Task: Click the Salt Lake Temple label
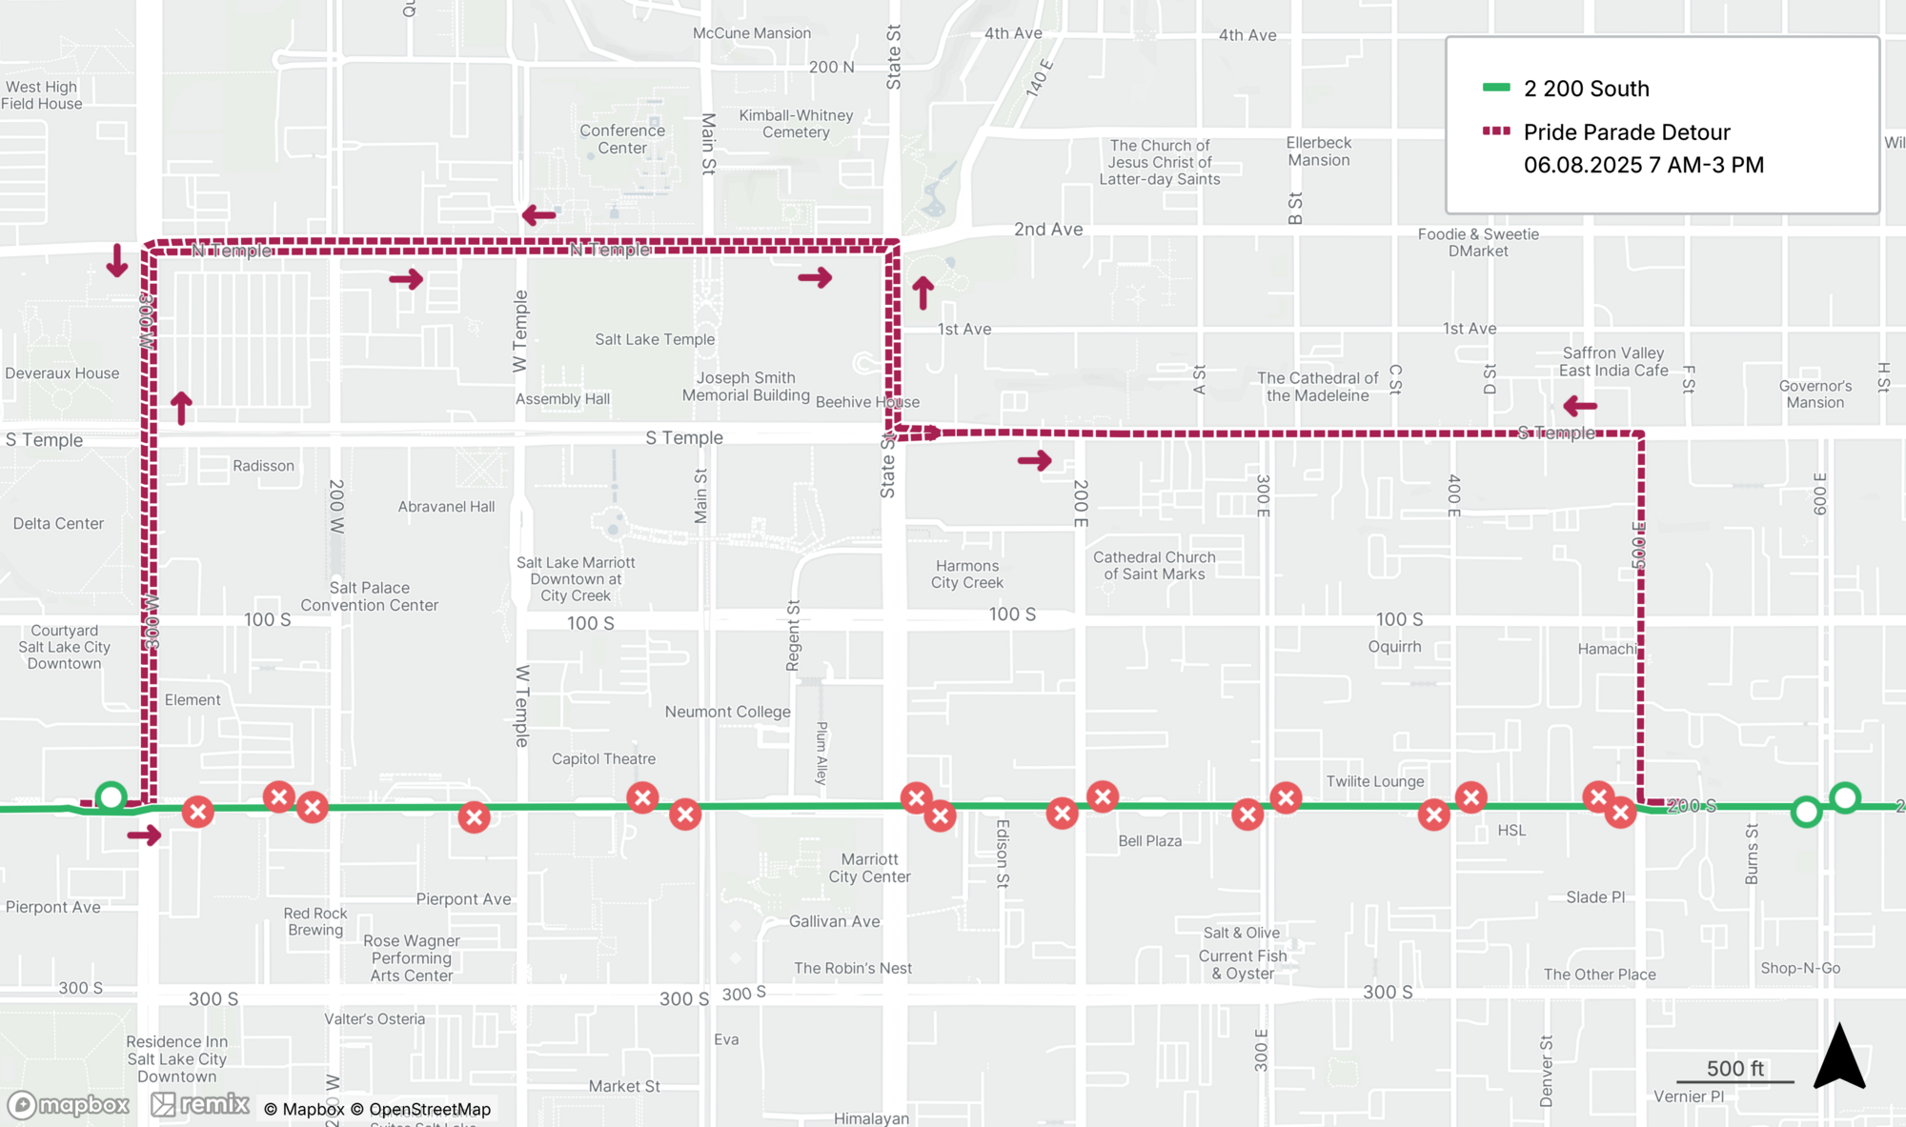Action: click(655, 339)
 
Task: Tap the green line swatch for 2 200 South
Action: click(1496, 88)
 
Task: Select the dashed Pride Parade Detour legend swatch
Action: click(1496, 131)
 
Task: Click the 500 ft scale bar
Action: click(1734, 1080)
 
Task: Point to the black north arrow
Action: click(1838, 1058)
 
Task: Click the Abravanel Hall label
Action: click(446, 506)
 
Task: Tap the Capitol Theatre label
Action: click(603, 758)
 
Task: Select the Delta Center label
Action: click(58, 523)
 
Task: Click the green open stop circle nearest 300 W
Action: click(112, 796)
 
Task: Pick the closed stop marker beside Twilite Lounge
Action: click(1470, 797)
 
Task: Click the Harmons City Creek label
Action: click(966, 574)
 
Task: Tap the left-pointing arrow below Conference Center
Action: click(539, 215)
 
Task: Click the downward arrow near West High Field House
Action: click(117, 260)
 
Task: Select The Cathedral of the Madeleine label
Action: click(1317, 386)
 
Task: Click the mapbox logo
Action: click(69, 1105)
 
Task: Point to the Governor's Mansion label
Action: click(1815, 393)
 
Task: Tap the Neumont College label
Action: click(727, 712)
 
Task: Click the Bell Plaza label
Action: click(1149, 840)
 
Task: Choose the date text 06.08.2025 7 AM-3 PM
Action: click(1643, 165)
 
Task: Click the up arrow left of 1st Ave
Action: click(923, 293)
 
